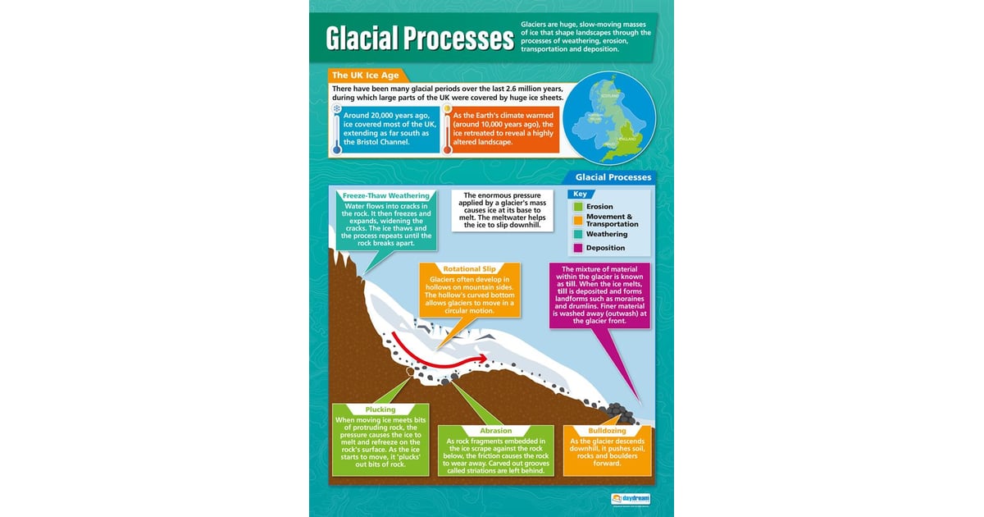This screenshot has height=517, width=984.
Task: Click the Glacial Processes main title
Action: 418,38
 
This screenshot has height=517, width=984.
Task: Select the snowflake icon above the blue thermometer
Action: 336,108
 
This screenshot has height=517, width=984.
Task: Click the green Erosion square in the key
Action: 578,207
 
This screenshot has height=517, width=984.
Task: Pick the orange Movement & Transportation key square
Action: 578,220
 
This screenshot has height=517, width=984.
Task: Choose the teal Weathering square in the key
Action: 578,234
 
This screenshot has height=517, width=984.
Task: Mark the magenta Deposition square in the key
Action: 578,248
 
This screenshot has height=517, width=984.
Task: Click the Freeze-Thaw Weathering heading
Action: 385,196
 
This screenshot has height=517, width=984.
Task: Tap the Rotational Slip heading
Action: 470,269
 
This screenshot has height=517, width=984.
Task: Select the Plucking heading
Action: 380,409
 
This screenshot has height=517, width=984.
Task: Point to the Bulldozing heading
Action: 608,431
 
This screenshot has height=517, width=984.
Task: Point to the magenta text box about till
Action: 601,295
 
